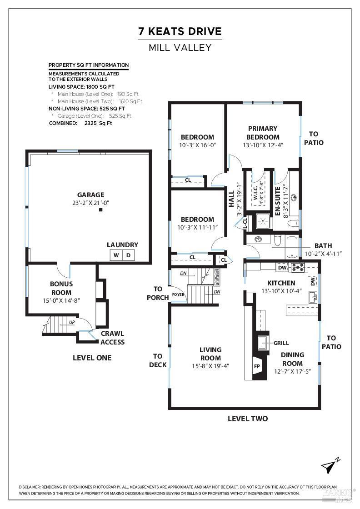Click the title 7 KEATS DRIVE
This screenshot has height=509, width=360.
point(180,31)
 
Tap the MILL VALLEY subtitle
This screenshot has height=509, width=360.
point(180,47)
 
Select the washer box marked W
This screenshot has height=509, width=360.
point(116,255)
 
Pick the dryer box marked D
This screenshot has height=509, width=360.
point(129,255)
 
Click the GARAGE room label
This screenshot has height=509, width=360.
point(90,195)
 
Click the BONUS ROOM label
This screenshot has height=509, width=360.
point(61,288)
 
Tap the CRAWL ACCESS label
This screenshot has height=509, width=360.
point(112,338)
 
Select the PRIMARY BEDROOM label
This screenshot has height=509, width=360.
point(263,133)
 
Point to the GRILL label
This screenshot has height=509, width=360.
point(281,343)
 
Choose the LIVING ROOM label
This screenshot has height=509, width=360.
point(210,354)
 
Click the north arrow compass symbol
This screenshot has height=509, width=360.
point(330,466)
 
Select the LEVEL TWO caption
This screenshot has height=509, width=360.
point(248,419)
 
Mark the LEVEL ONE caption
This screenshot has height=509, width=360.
point(92,358)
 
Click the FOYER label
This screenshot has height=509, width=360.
point(178,294)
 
